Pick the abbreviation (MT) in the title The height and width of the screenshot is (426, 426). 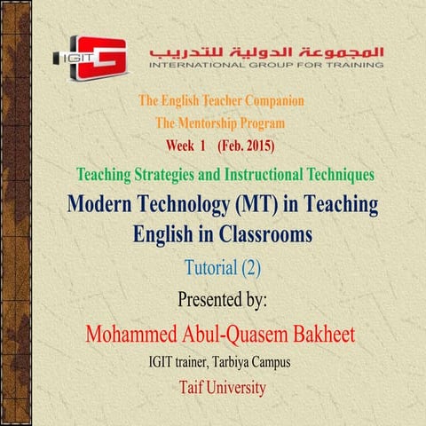coord(258,206)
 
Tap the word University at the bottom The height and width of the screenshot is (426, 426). coord(237,388)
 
